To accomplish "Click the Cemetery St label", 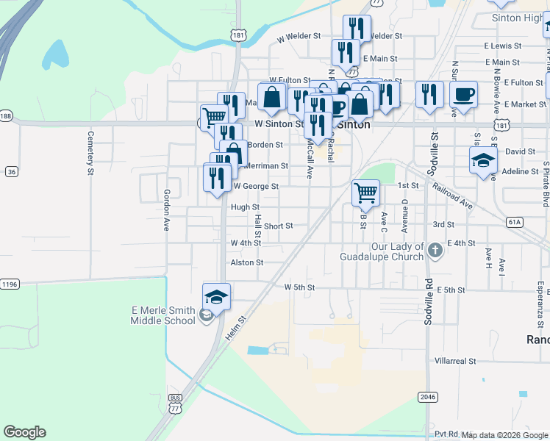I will [x=91, y=153].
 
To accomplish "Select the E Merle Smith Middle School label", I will [x=163, y=315].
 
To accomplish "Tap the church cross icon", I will [x=435, y=251].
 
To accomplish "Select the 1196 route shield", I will [x=9, y=284].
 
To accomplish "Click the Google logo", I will [x=24, y=432].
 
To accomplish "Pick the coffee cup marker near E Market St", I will [x=463, y=96].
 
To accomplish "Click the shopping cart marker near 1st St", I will [x=365, y=193].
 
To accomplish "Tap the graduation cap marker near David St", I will [x=482, y=161].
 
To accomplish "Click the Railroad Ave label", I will [x=452, y=197].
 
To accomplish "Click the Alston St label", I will [x=246, y=262].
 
